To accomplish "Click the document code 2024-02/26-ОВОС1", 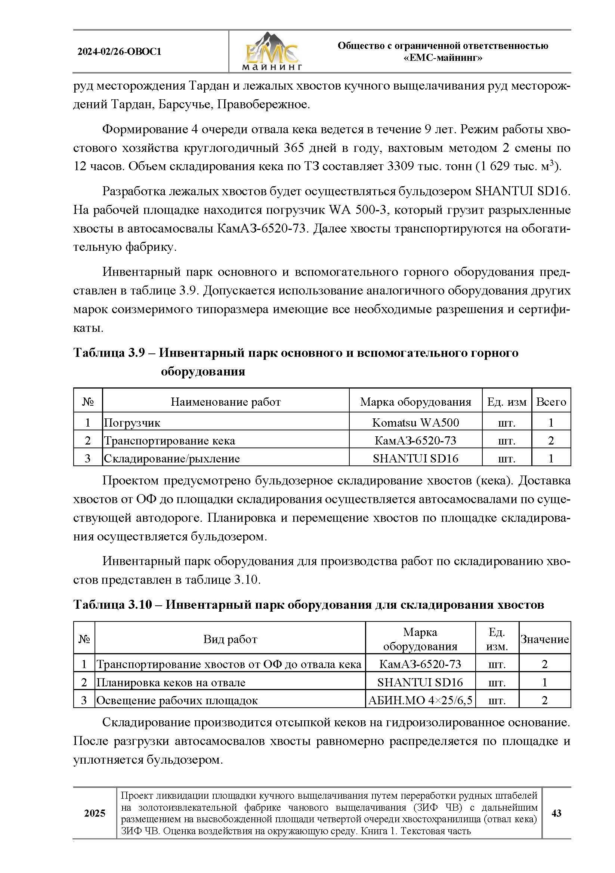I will [x=119, y=52].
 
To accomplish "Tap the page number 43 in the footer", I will [x=556, y=813].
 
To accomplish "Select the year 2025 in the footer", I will [x=95, y=813].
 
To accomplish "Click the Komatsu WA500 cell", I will [x=415, y=423].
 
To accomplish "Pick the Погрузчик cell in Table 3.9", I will [x=132, y=423].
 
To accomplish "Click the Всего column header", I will [x=551, y=402].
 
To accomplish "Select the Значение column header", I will [x=544, y=639].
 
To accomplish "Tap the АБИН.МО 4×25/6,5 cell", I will [x=420, y=700].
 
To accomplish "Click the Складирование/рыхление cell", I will [x=171, y=458].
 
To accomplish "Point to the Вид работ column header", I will [x=230, y=639].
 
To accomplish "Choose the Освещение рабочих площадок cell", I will [x=177, y=700].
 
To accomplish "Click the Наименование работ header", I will [x=225, y=402].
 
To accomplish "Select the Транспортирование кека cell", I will [x=169, y=440].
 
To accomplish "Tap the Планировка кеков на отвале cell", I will [x=170, y=682].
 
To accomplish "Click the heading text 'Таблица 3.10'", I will [x=112, y=604].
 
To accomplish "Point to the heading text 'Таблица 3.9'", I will [x=109, y=352].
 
